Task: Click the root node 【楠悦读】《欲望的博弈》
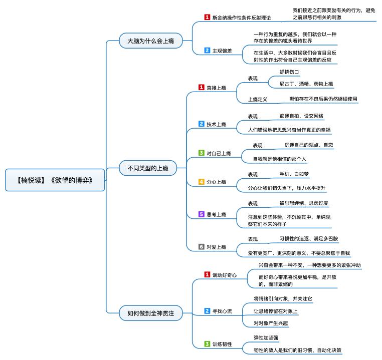[x=56, y=180]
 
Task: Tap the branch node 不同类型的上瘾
[x=148, y=168]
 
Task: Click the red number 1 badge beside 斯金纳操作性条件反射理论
[x=207, y=17]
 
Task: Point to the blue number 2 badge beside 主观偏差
[x=207, y=51]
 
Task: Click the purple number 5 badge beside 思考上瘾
[x=202, y=214]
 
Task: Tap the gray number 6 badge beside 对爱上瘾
[x=202, y=246]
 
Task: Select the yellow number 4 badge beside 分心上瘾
[x=202, y=182]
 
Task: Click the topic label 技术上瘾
[x=217, y=124]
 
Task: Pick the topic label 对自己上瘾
[x=219, y=153]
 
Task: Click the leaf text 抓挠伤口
[x=289, y=72]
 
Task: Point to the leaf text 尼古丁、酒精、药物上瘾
[x=306, y=84]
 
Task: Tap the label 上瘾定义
[x=258, y=99]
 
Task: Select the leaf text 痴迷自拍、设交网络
[x=301, y=116]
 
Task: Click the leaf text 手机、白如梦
[x=294, y=174]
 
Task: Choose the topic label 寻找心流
[x=222, y=311]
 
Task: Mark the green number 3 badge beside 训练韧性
[x=207, y=344]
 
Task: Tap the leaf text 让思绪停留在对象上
[x=276, y=311]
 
